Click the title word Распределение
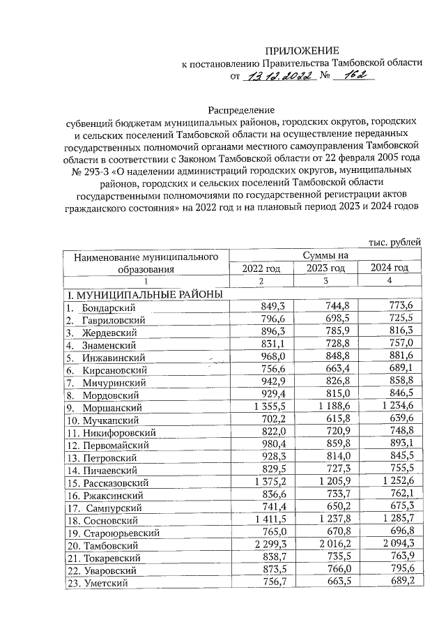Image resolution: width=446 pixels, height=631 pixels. [x=241, y=109]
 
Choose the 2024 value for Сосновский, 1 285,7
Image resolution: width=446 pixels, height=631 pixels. [x=394, y=519]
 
